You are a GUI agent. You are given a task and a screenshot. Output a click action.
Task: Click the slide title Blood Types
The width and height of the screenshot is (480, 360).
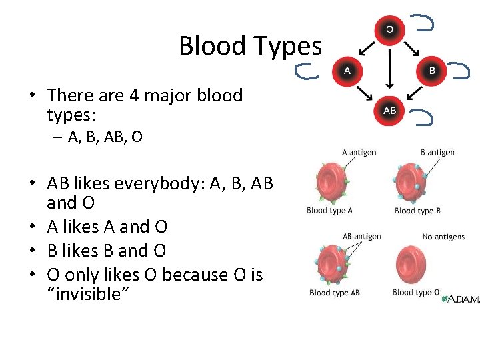click(250, 46)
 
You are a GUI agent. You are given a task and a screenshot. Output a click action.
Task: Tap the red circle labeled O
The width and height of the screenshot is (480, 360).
click(389, 30)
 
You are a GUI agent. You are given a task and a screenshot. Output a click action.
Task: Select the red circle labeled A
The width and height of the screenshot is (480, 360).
click(347, 69)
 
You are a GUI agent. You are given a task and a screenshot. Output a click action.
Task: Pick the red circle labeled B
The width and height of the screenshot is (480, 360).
click(431, 69)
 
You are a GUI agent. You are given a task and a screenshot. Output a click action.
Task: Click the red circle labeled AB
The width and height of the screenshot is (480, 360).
click(389, 110)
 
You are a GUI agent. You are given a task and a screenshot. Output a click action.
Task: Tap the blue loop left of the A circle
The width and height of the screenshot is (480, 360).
click(307, 70)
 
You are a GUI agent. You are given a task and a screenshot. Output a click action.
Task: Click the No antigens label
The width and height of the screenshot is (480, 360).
click(443, 237)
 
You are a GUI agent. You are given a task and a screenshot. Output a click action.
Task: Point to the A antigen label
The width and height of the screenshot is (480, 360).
click(359, 152)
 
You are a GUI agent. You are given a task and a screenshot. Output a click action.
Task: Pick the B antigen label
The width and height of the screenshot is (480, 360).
click(437, 152)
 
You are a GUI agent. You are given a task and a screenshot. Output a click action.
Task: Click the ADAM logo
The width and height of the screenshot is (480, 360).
click(462, 299)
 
